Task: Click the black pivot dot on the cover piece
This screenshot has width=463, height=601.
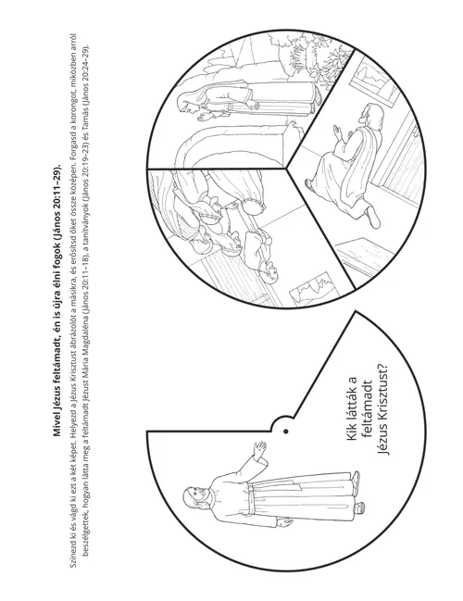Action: pyautogui.click(x=285, y=432)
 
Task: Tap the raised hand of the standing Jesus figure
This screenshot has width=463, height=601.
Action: pyautogui.click(x=259, y=449)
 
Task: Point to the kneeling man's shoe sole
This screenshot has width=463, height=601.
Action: pyautogui.click(x=374, y=217)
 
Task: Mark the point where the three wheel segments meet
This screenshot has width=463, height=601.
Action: pyautogui.click(x=286, y=169)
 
